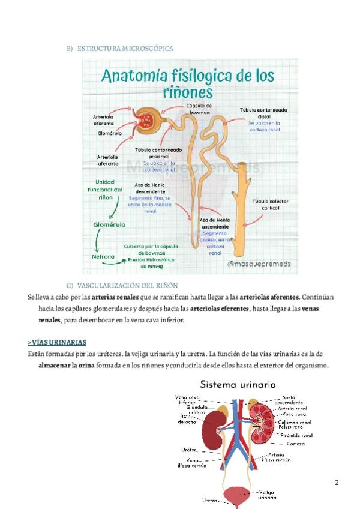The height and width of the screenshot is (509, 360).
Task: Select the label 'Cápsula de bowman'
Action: pos(199,108)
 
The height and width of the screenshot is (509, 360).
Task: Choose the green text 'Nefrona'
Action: pos(104,256)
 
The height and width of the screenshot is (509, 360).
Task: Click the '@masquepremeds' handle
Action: pos(260,263)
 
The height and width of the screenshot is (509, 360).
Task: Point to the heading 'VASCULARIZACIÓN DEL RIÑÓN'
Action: pos(127,285)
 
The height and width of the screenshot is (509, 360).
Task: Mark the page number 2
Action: pos(337,483)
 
